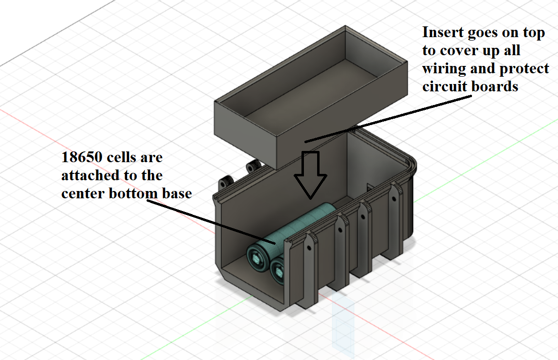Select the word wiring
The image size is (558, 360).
point(442,69)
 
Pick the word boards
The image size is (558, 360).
point(490,87)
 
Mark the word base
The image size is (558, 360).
point(176,193)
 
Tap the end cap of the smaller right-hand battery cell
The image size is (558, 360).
point(279,271)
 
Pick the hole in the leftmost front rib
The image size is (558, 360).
point(309,248)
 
